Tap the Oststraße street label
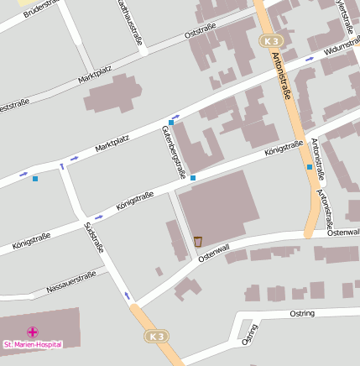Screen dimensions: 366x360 click(x=201, y=30)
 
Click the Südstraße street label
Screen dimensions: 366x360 click(x=93, y=238)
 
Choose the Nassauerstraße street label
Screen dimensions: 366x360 click(x=71, y=281)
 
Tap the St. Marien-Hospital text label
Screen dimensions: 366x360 click(x=33, y=344)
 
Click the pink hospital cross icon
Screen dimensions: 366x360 click(x=33, y=332)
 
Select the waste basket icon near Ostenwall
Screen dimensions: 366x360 click(x=198, y=242)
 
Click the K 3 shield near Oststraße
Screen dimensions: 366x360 click(x=269, y=40)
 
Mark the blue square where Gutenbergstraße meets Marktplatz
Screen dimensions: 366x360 click(x=171, y=123)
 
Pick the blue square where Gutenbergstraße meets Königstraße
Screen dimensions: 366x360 click(x=193, y=178)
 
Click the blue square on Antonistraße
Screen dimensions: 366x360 click(x=310, y=167)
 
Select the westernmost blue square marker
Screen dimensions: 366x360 click(x=34, y=178)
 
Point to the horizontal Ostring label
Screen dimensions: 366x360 click(x=301, y=313)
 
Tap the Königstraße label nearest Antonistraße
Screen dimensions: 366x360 click(x=284, y=149)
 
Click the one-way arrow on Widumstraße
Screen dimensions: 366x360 click(x=310, y=59)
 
